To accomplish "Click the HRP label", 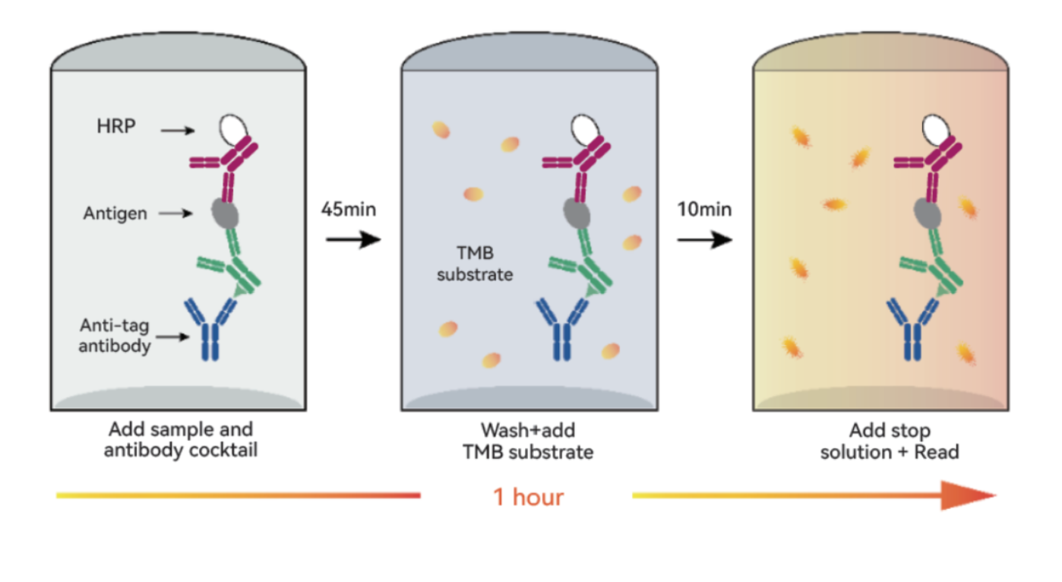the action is click(x=116, y=126).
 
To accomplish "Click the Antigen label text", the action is click(x=115, y=214).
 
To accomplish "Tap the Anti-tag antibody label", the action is click(x=114, y=335).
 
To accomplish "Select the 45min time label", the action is click(x=349, y=209).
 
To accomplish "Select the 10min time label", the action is click(x=704, y=209).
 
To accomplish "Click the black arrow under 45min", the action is click(x=353, y=239).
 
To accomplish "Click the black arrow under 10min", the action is click(x=704, y=239).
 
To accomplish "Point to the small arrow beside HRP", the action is click(x=178, y=130).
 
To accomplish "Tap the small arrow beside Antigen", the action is click(x=175, y=214).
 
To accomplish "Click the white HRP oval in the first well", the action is click(x=233, y=129).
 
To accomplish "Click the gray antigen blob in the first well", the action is click(x=225, y=214).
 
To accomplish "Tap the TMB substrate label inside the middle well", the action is click(x=475, y=264).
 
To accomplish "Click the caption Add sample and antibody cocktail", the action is click(x=181, y=440).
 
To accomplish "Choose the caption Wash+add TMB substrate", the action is click(x=528, y=441).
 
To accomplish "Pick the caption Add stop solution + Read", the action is click(x=890, y=441).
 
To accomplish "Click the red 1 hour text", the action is click(x=528, y=497).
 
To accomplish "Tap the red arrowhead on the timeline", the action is click(x=967, y=495).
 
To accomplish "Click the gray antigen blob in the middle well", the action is click(x=577, y=214).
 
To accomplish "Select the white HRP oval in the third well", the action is click(x=936, y=129).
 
